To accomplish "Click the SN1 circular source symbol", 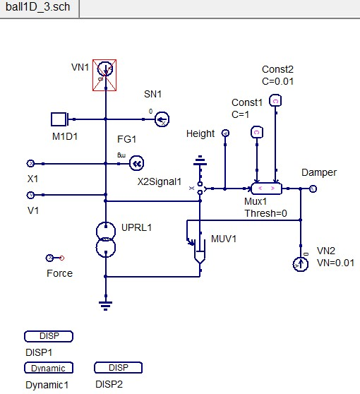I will pos(162,119).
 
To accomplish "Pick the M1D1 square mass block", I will pos(58,118).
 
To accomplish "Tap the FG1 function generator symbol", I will pos(136,164).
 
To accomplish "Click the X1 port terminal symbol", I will pos(30,163).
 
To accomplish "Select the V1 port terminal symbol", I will pos(30,195).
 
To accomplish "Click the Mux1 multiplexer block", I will pos(266,189).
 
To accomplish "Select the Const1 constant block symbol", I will pos(257,132).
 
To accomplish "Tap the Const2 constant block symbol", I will pos(276,100).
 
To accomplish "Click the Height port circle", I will pos(225,133).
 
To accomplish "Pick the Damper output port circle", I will pos(313,189).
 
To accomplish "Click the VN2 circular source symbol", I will pos(301,264).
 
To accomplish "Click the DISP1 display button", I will pos(49,336).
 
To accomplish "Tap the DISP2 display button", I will pos(119,368).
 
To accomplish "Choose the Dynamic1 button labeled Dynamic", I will pos(49,368).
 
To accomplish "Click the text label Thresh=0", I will pos(265,213).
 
